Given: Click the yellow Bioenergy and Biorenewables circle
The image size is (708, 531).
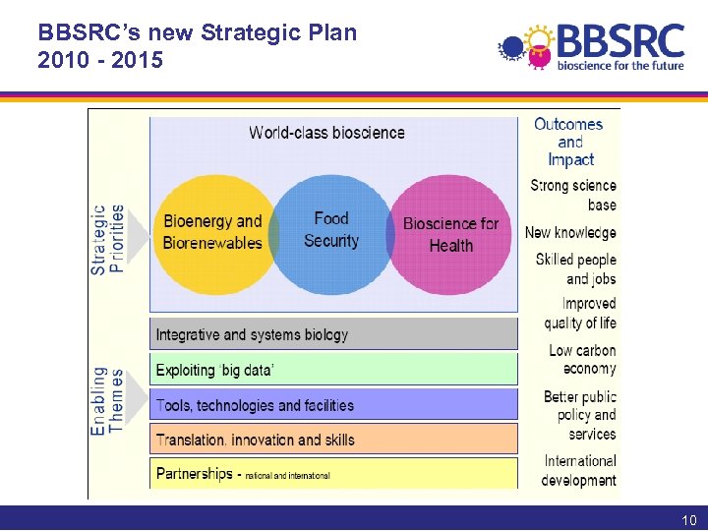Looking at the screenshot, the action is point(210,234).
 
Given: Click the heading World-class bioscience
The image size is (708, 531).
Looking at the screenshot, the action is point(326,133).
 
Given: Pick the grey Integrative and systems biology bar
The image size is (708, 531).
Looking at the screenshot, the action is point(333,334).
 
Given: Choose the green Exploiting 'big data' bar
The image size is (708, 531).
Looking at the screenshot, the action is point(333,370).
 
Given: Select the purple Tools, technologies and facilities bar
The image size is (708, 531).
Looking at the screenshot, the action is point(333,404).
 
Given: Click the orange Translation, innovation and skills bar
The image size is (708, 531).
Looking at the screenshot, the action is point(333,439).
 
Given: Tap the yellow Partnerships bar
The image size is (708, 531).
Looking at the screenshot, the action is point(333,474).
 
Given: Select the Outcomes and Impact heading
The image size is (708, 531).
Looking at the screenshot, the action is point(569,142).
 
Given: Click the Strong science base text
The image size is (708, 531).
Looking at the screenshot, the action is point(574,195).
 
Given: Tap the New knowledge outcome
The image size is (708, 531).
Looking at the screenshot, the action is point(570,233).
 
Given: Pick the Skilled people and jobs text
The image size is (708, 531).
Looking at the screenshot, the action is point(576,269).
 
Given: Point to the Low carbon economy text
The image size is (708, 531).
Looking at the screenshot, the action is point(582,359).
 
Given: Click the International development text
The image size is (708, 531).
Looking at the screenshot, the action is point(579,470).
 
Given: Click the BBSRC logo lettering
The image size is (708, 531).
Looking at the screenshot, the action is point(619,41).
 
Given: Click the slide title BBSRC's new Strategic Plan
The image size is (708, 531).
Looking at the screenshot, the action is point(197,32).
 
